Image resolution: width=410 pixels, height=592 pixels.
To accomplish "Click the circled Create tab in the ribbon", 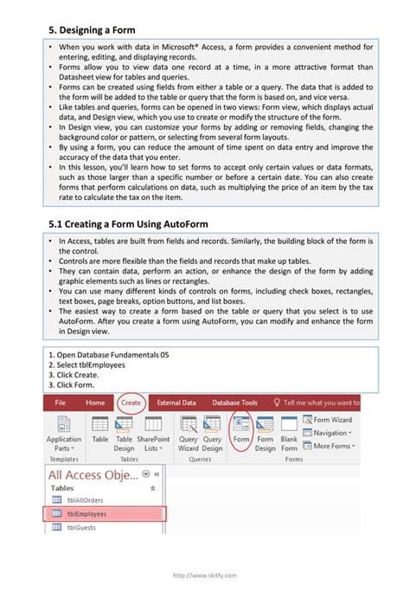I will pos(131,402).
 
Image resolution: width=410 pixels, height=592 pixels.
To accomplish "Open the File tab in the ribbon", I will pos(61,402).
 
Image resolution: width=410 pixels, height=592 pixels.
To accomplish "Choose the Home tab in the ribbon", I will pos(95,402).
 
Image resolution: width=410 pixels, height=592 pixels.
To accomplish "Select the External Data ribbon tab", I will pos(176,402).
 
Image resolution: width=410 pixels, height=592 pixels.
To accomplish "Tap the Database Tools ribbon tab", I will pos(235,402).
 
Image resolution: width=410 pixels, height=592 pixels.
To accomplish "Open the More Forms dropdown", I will pos(332,446).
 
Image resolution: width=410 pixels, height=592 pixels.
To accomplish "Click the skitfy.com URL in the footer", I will pos(204,575).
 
